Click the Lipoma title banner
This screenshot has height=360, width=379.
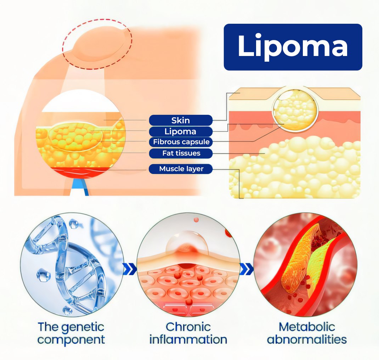pyautogui.click(x=293, y=47)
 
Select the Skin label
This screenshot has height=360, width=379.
pyautogui.click(x=181, y=120)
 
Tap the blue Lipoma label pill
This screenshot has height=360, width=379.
pyautogui.click(x=181, y=131)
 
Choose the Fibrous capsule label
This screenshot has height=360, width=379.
pyautogui.click(x=181, y=142)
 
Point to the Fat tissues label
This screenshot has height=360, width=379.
pyautogui.click(x=181, y=153)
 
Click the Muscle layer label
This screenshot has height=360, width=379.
pyautogui.click(x=181, y=169)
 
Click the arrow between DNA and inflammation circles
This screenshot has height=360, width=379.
pyautogui.click(x=130, y=270)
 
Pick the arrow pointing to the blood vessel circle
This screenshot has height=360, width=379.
pyautogui.click(x=247, y=270)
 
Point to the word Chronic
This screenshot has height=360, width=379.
pyautogui.click(x=188, y=327)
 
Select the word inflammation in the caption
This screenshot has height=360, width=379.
pyautogui.click(x=188, y=339)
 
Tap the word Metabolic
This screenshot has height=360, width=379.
pyautogui.click(x=307, y=327)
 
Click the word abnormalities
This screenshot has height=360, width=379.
pyautogui.click(x=307, y=339)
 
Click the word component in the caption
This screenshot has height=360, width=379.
pyautogui.click(x=71, y=339)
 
